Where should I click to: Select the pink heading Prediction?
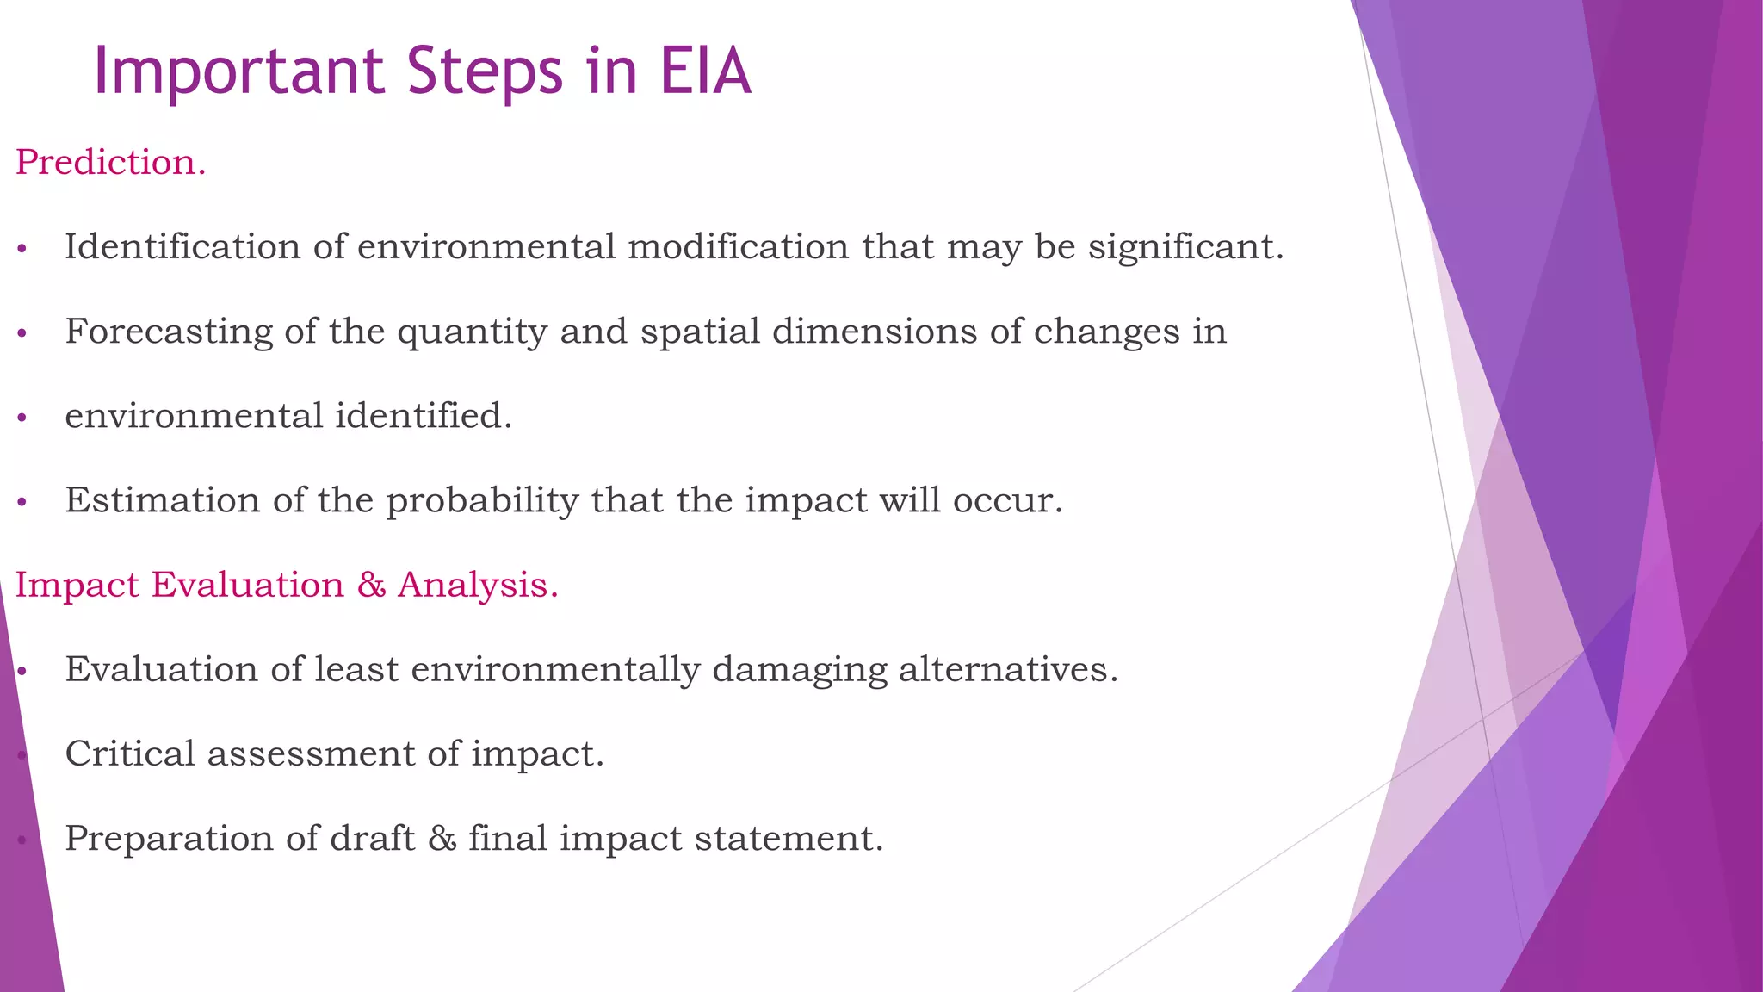coord(111,162)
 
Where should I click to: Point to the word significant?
coord(1185,247)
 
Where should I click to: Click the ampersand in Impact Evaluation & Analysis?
coord(371,585)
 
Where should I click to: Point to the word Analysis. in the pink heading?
coord(478,585)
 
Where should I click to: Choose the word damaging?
coord(799,670)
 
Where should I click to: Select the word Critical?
coord(130,753)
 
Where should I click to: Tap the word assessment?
coord(311,754)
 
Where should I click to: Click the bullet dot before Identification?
coord(22,250)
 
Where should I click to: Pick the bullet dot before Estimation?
coord(22,503)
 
